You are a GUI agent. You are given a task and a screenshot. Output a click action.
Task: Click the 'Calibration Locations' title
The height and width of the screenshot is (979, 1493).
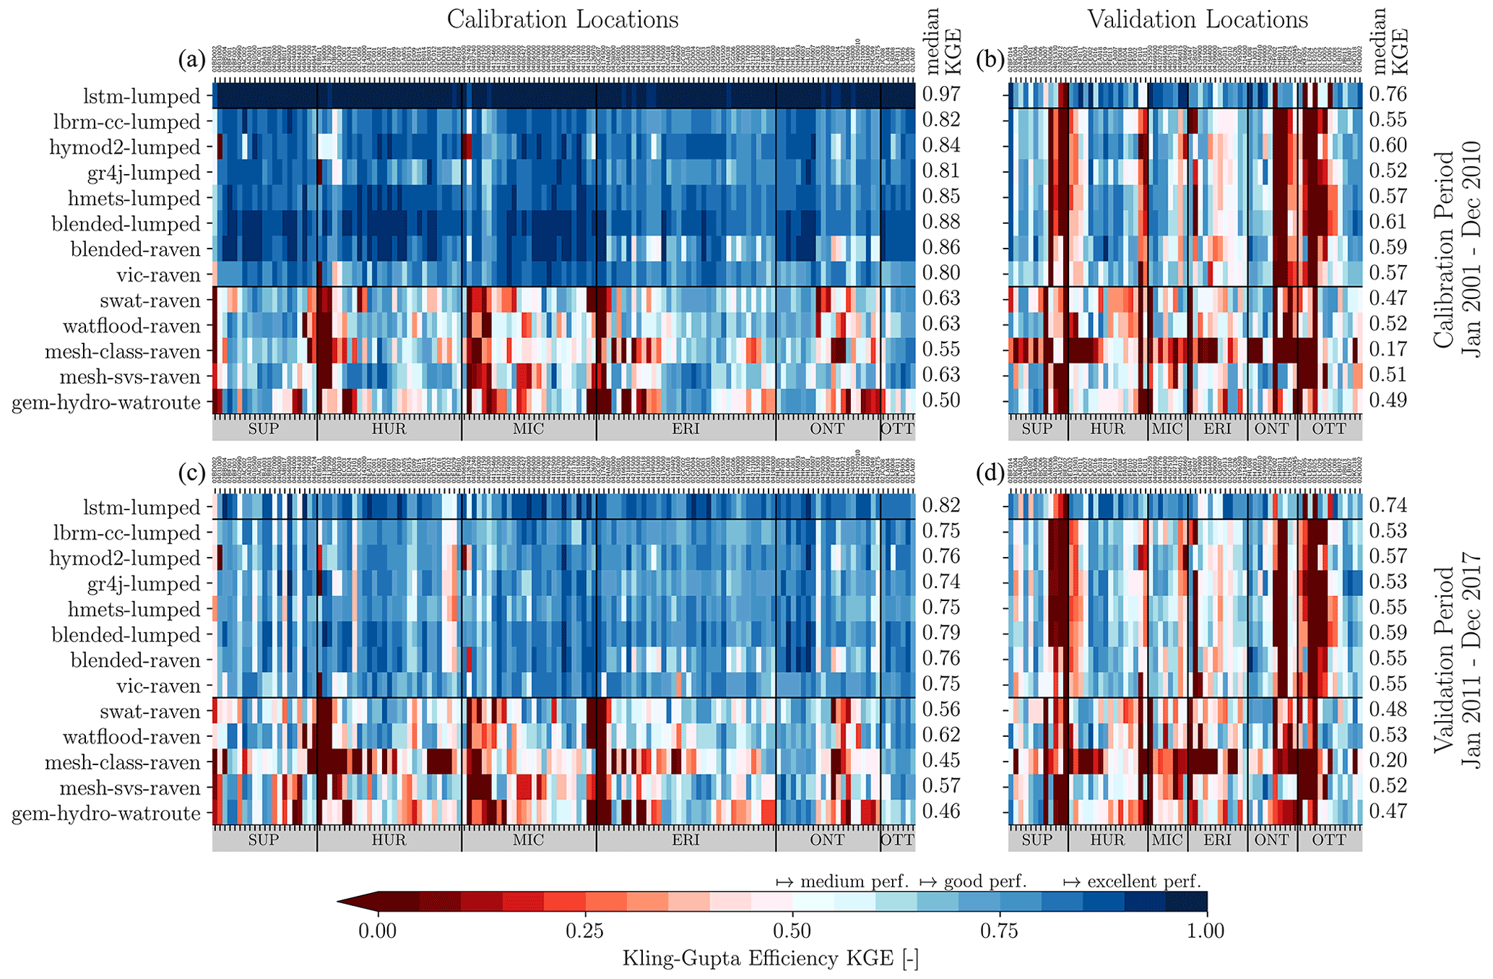563,20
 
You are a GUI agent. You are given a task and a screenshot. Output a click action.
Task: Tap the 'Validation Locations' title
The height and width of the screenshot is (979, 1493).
1198,20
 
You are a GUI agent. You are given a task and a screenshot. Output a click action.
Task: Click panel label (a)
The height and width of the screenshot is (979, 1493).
192,61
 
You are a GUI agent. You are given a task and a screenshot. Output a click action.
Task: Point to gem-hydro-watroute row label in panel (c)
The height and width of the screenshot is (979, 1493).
106,814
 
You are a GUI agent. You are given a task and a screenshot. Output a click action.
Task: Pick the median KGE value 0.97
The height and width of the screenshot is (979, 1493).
941,95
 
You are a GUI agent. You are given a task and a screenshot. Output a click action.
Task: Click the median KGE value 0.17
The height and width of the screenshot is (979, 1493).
1388,350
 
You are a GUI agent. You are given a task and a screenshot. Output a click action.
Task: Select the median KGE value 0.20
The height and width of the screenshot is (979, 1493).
1388,761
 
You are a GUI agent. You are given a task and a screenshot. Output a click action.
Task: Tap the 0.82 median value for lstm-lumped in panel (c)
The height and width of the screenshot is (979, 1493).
941,506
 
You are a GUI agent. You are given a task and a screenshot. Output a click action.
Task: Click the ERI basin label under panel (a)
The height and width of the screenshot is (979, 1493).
685,429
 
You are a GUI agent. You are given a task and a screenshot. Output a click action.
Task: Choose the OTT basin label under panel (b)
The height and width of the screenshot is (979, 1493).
1329,429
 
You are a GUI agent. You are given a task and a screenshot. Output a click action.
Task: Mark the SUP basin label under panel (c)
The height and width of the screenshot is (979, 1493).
264,840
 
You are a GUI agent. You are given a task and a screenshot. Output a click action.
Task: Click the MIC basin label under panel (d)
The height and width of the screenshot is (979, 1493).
1167,840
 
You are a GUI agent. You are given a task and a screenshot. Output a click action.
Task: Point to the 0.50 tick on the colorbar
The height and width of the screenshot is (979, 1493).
792,931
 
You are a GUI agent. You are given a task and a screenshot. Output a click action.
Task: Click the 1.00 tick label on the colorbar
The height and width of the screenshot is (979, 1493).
1206,931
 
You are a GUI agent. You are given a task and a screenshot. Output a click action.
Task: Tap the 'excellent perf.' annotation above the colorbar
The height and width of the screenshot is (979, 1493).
1143,881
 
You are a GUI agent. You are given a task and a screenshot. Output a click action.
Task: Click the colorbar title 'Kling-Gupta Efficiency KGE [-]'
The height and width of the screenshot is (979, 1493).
770,959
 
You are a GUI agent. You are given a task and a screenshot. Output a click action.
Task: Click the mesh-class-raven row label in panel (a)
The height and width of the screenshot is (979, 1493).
122,353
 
